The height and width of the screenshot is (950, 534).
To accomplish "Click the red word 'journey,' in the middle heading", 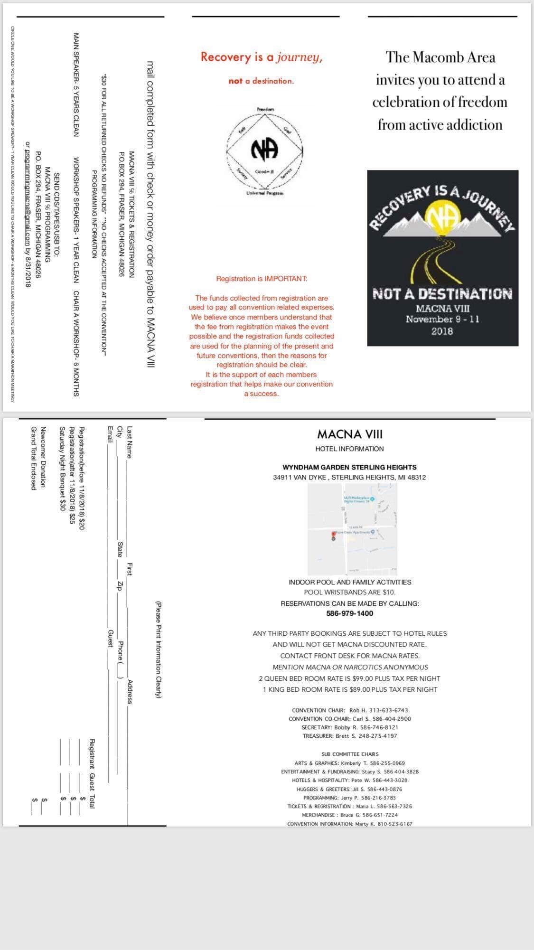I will click(300, 57).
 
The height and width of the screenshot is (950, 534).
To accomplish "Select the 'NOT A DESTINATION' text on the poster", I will click(442, 294).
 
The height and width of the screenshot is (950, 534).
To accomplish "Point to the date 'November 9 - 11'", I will click(442, 319).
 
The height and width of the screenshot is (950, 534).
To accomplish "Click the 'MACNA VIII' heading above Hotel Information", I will click(349, 434).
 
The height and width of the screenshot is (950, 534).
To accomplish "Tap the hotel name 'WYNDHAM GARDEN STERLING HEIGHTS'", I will click(349, 467).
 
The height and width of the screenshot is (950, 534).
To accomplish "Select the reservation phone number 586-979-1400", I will click(349, 613).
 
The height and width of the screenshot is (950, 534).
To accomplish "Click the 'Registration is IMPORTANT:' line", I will click(262, 279).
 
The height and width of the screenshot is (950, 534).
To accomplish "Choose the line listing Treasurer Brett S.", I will click(349, 736).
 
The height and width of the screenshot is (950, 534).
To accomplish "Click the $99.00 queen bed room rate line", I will click(349, 678).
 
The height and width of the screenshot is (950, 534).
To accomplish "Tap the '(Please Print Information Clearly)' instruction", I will click(159, 649).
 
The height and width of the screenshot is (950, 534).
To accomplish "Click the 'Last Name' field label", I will click(130, 442).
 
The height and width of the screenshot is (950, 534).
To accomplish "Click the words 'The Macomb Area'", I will click(441, 57).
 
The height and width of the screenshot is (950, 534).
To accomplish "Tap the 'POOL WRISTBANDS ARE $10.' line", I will click(349, 592).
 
